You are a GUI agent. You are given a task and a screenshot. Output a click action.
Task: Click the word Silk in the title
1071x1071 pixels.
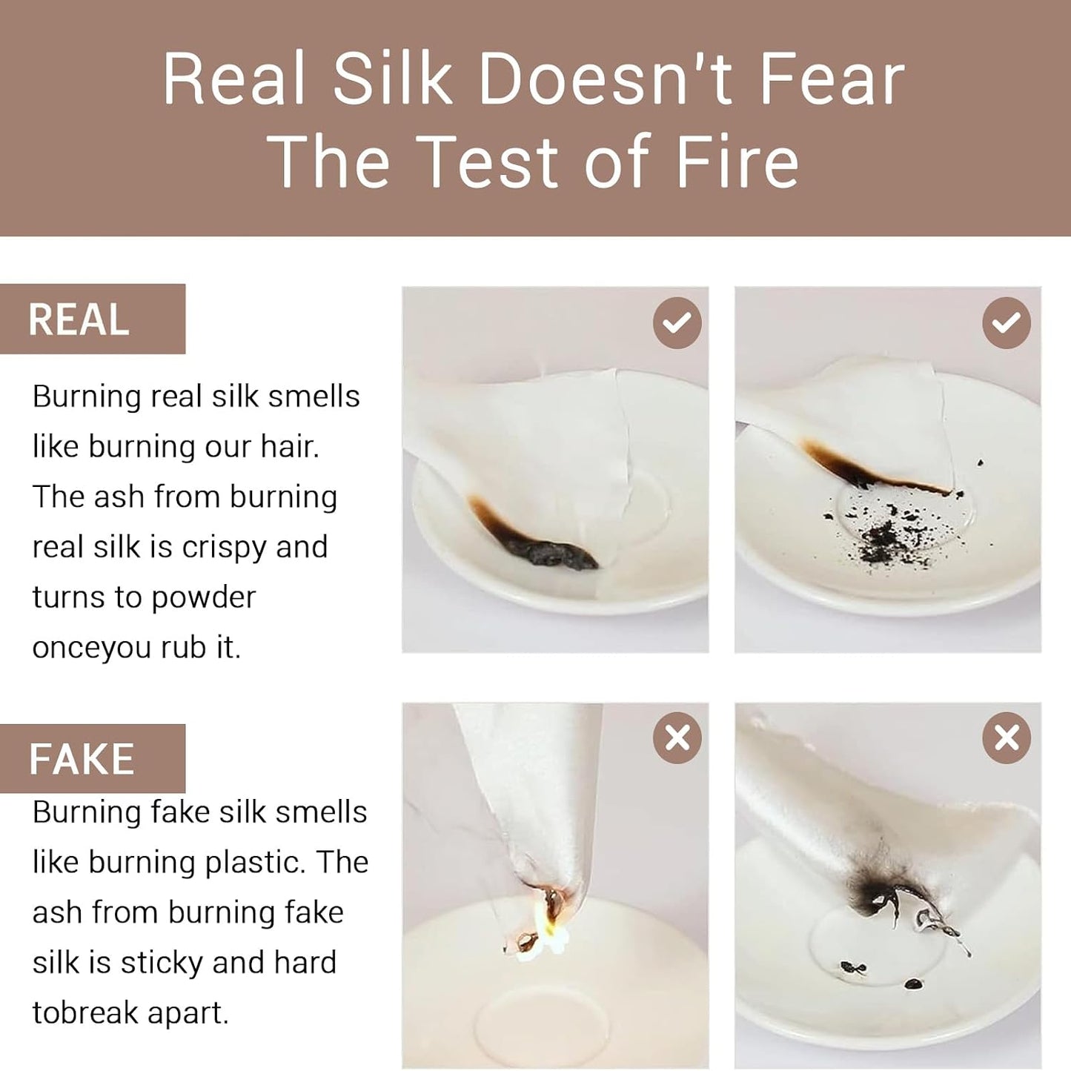coord(391,79)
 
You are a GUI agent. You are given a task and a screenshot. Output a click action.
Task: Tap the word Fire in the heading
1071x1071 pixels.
coord(737,162)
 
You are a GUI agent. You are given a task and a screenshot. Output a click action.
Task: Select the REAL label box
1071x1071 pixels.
coord(92,319)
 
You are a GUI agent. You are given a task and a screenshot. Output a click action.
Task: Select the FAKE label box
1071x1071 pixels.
coord(92,759)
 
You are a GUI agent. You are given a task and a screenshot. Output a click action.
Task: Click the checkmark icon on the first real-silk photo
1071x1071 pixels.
coord(677,323)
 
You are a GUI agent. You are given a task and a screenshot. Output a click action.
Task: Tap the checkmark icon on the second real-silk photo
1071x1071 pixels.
coord(1007,323)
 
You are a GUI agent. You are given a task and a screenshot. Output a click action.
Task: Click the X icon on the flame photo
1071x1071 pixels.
coord(677,738)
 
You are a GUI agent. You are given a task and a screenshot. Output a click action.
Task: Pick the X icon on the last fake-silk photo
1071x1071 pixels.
coord(1007,738)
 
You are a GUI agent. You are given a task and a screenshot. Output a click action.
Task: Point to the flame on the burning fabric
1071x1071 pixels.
coord(548,934)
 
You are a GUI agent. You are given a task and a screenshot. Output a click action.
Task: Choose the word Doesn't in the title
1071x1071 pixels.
coord(604,79)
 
